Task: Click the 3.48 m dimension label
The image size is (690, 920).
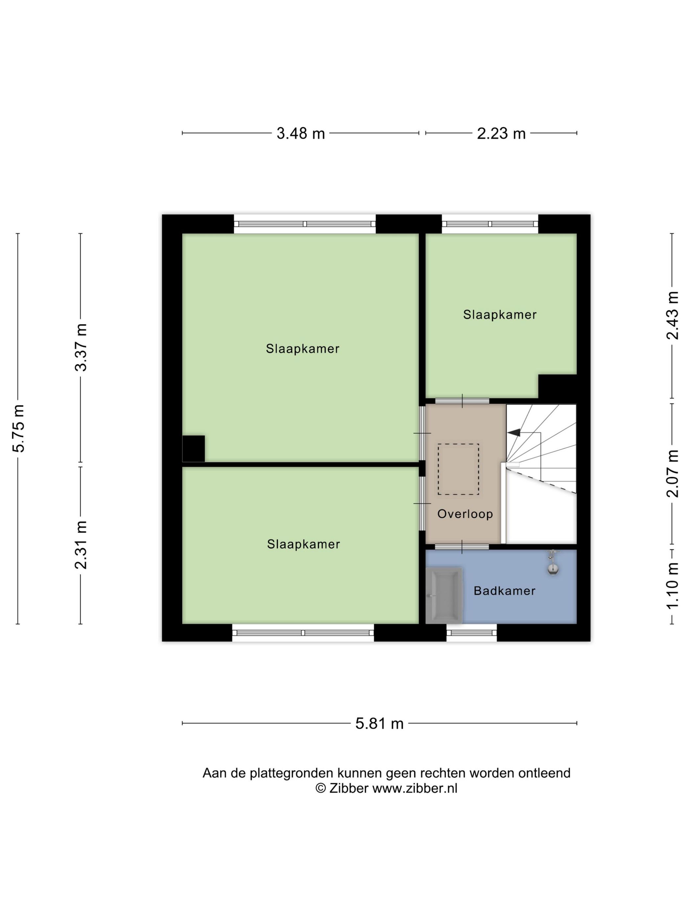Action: (301, 133)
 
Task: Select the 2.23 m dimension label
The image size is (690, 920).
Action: (501, 133)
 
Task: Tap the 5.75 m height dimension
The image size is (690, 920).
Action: (19, 428)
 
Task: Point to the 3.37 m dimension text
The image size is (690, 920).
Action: (81, 347)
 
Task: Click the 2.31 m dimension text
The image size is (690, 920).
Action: (81, 545)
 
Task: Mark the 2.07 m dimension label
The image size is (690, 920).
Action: (673, 474)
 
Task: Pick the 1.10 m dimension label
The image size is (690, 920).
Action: (673, 585)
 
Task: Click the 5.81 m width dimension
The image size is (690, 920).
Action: (379, 724)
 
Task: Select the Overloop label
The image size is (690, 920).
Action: (465, 514)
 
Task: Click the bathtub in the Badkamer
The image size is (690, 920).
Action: (444, 596)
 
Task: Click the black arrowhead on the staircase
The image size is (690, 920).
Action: (514, 432)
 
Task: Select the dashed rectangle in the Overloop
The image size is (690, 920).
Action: (458, 469)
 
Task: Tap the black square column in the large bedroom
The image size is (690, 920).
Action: (194, 448)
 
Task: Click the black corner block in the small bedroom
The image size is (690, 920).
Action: (557, 386)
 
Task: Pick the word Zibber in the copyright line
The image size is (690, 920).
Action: (349, 789)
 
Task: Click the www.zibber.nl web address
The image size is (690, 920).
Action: (415, 789)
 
